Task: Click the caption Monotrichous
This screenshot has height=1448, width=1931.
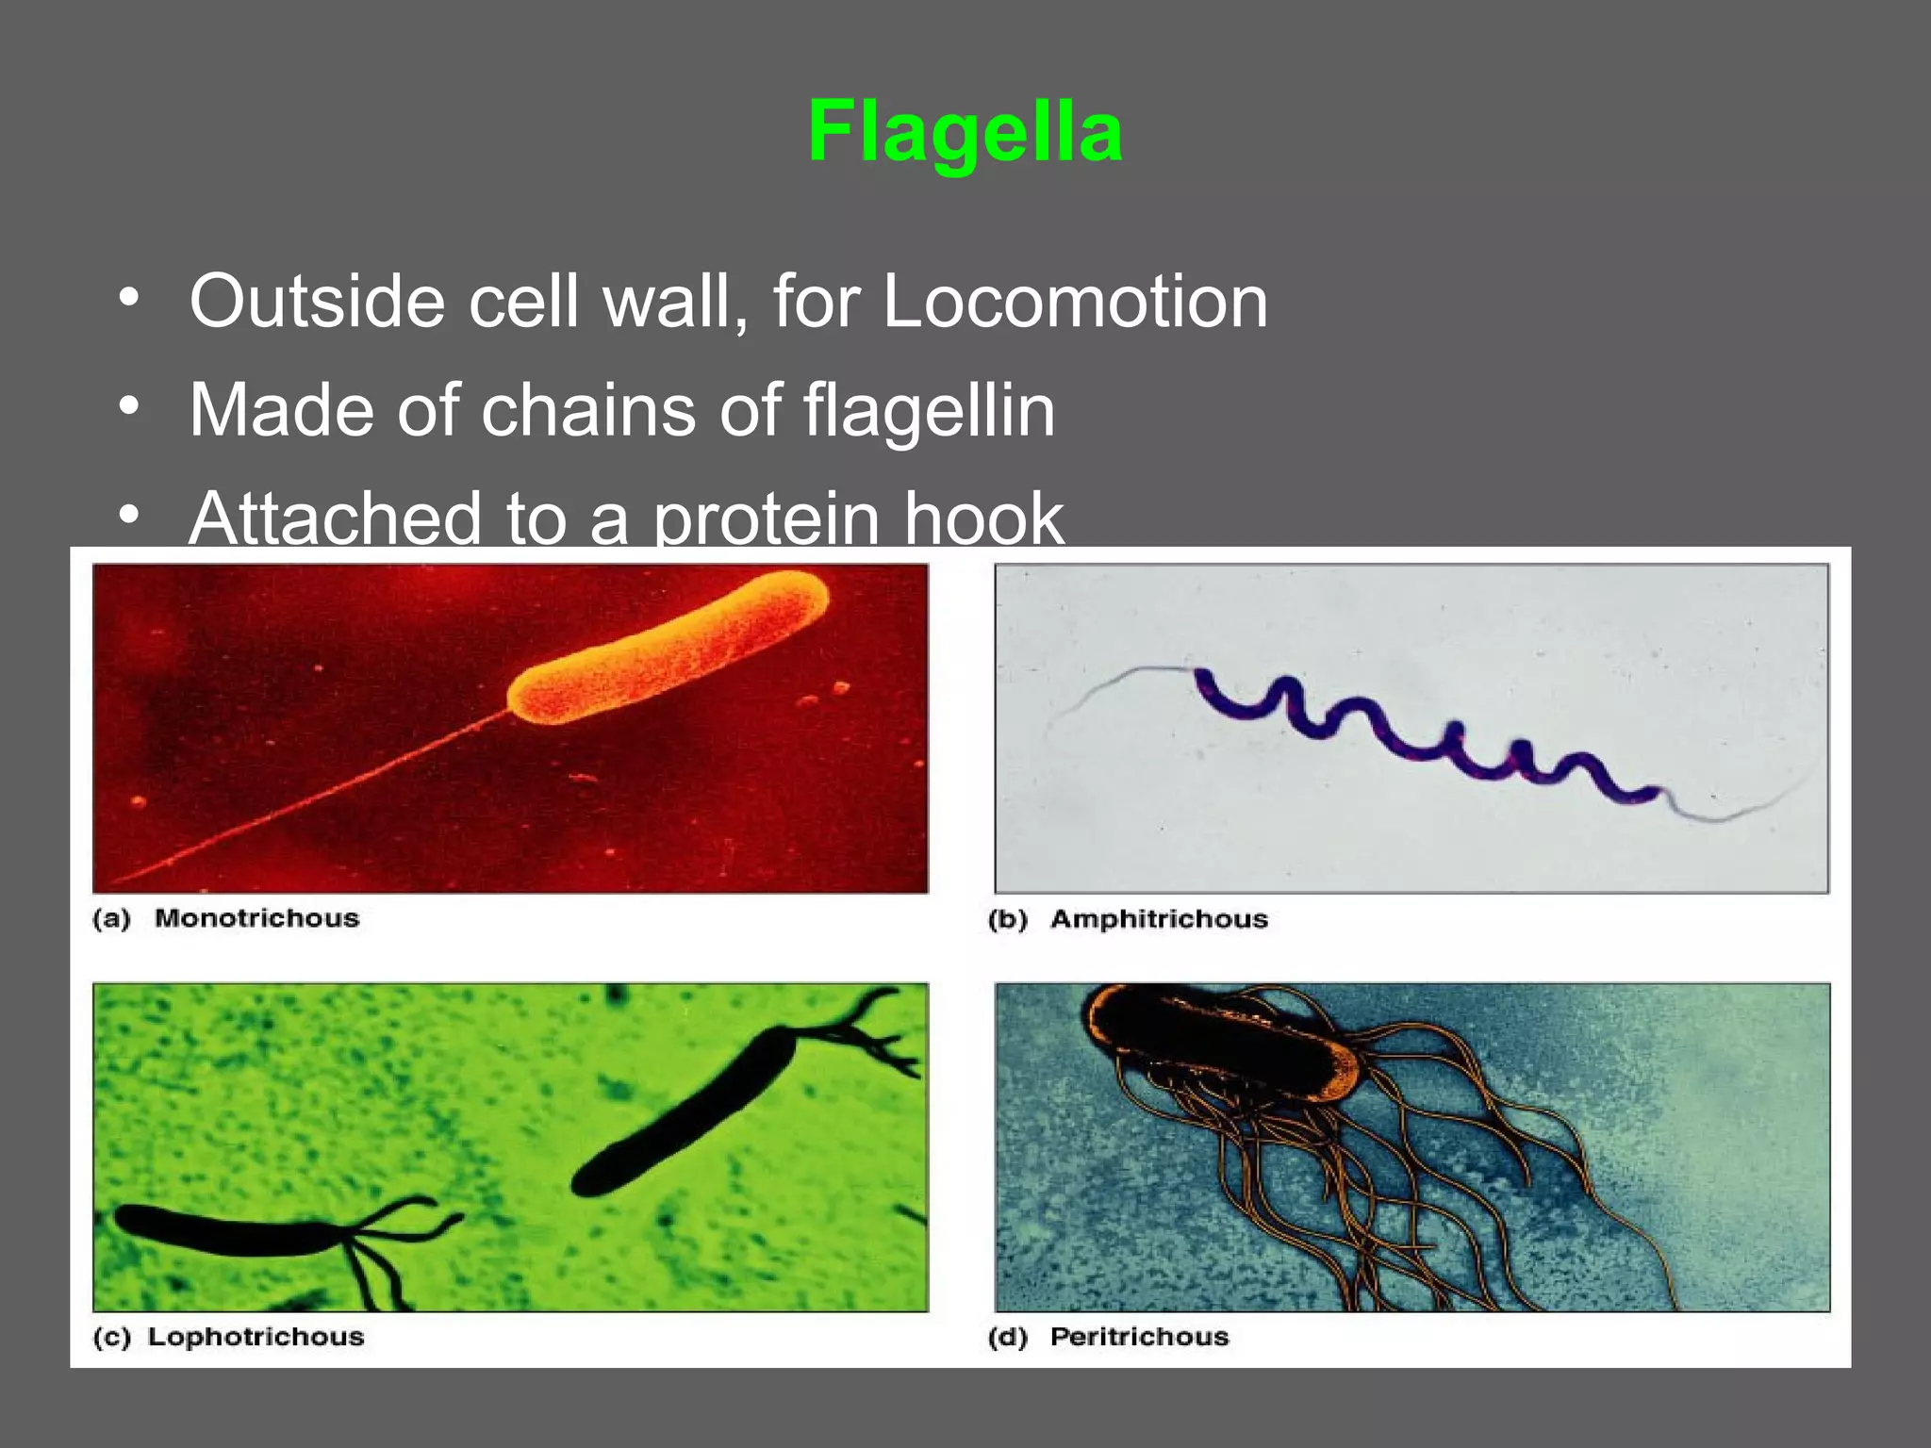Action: point(256,918)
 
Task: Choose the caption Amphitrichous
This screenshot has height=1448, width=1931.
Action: point(1159,919)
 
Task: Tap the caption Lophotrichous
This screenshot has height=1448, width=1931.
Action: point(256,1337)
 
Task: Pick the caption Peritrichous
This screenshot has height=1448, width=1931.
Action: point(1139,1337)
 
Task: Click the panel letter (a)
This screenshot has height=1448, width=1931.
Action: point(111,918)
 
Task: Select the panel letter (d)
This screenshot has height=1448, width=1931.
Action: point(1007,1337)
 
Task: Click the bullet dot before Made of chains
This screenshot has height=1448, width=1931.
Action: point(129,408)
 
